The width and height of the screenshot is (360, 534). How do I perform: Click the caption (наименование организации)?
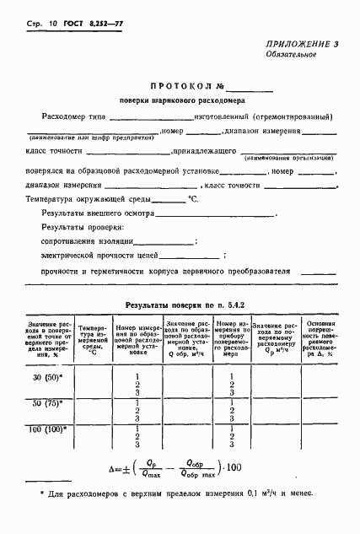[287, 158]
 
